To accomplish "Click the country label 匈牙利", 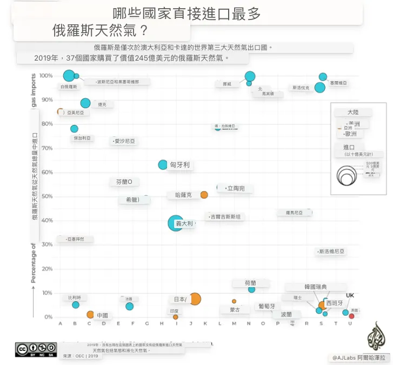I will coord(179,165).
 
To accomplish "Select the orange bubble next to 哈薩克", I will coord(204,195).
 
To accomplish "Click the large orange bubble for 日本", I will coord(194,299).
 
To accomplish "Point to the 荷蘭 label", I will coord(250,283).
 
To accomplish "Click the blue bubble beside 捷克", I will coord(85,103).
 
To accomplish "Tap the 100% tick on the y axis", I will coord(46,76).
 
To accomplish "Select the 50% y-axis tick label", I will coord(47,196).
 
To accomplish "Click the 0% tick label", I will coord(49,317).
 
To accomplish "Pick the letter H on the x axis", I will coord(162,324).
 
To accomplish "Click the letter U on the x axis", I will coord(350,324).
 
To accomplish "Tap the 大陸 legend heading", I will coord(353,112).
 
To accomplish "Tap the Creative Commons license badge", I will coord(36,349).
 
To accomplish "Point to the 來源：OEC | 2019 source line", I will coord(81,356).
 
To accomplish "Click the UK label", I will coord(350,295).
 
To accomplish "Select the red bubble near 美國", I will coord(352,316).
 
